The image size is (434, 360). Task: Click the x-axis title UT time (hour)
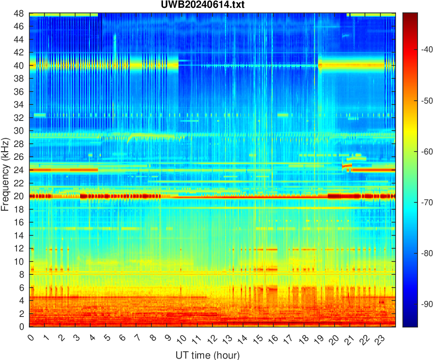207,355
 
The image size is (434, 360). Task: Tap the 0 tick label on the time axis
31,338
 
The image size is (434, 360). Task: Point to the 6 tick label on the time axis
122,338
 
